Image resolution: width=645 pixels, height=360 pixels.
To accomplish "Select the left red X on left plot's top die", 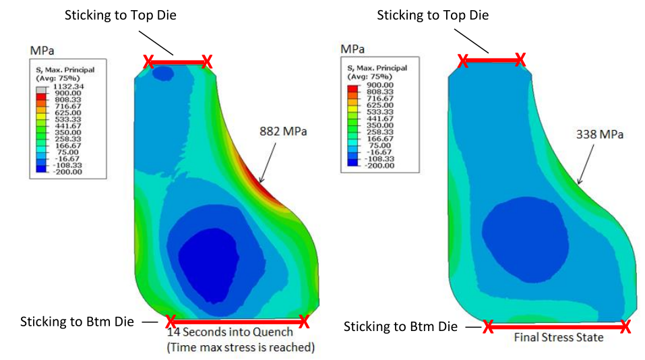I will [148, 62].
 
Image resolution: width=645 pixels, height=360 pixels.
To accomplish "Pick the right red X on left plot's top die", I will [207, 62].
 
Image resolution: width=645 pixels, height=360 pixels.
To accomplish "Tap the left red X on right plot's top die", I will [463, 61].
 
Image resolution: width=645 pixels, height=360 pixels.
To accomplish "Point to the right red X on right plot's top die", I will [520, 61].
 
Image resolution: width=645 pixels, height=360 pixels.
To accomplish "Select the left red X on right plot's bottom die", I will [488, 327].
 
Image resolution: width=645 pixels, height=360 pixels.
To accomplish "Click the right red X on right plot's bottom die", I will [625, 327].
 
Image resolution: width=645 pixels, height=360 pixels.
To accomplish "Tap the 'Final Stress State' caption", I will [559, 337].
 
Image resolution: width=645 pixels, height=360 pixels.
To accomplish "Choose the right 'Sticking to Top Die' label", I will [433, 15].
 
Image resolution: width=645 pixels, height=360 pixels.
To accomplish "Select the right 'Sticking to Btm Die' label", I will [400, 327].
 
